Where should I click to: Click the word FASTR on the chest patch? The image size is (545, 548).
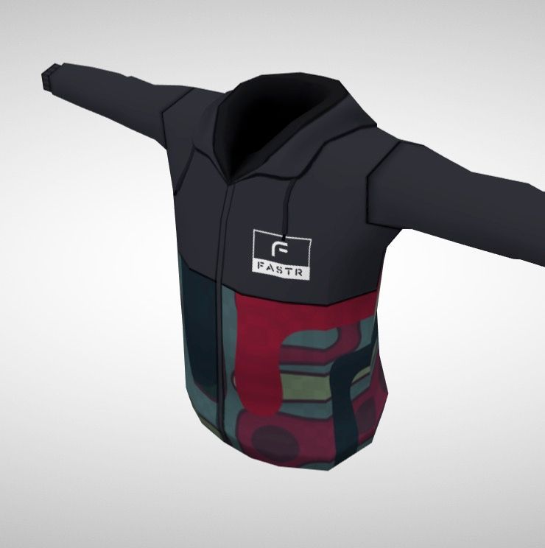tap(280, 273)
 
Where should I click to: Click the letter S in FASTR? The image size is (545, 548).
tap(279, 273)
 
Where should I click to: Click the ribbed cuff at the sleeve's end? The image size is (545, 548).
tap(52, 77)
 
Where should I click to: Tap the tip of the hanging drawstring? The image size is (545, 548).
tap(284, 237)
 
